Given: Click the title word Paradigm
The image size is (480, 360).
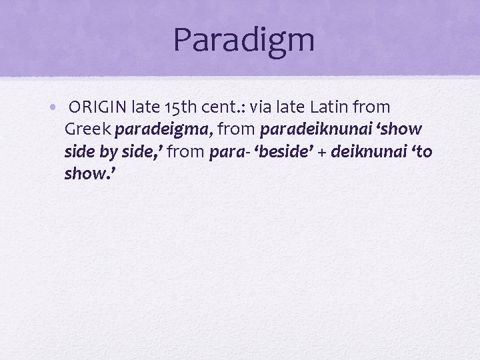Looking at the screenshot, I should pyautogui.click(x=243, y=40).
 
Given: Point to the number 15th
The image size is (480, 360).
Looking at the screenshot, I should pyautogui.click(x=178, y=107).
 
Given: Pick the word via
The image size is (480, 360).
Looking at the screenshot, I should pyautogui.click(x=261, y=107).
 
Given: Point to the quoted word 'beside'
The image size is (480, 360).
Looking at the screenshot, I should pyautogui.click(x=276, y=152).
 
